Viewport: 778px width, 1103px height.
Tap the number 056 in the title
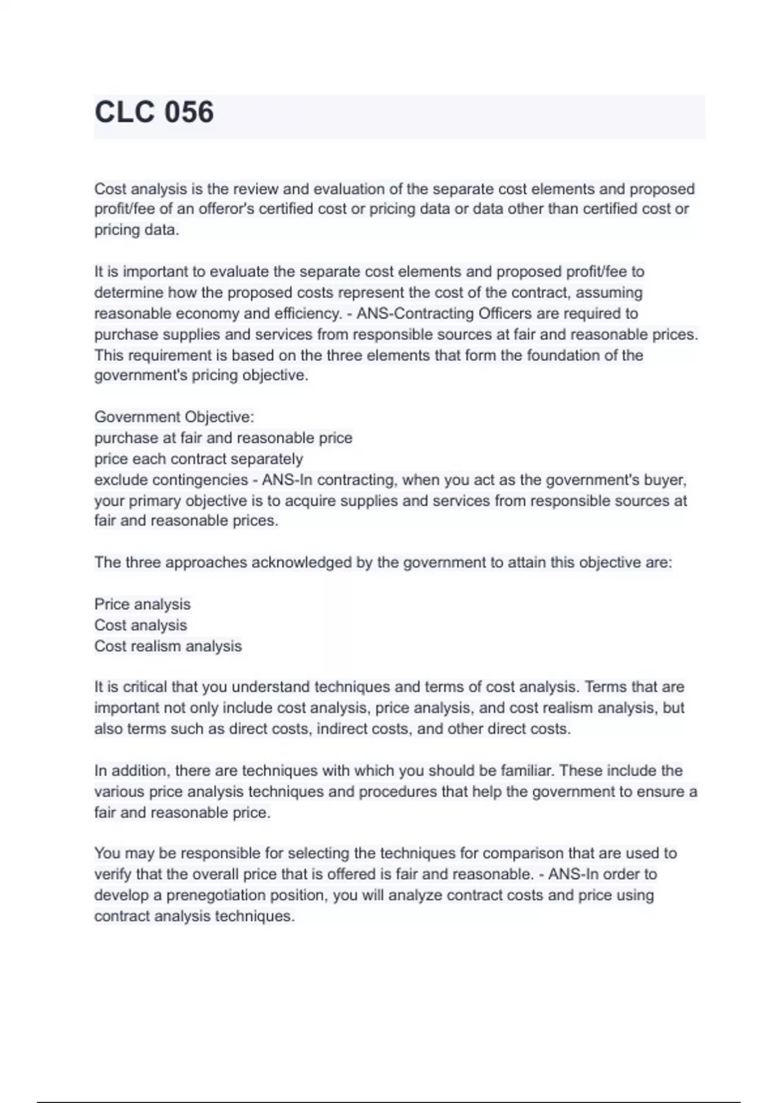[x=189, y=112]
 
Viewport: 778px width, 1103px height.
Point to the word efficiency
[x=306, y=313]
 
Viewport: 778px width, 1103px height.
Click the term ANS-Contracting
[x=416, y=313]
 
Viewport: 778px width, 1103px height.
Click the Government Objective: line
[x=174, y=417]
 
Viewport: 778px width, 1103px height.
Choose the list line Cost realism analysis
[x=168, y=646]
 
